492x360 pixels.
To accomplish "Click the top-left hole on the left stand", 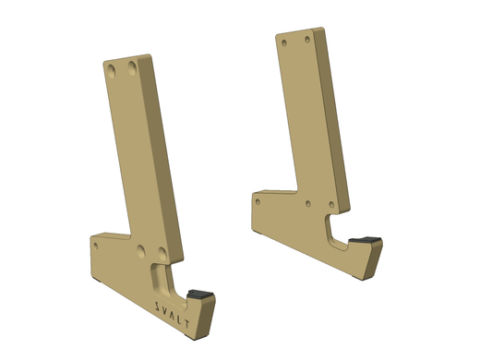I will point(111,69).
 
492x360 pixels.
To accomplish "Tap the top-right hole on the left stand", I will point(135,66).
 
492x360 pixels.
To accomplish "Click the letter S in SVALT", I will point(158,304).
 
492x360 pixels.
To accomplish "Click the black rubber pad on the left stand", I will point(200,294).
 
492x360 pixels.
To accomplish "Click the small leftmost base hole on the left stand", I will point(98,247).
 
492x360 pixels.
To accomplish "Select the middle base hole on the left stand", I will point(140,249).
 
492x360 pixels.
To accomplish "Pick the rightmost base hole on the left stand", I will point(162,249).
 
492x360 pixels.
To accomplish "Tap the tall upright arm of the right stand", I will point(314,111).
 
